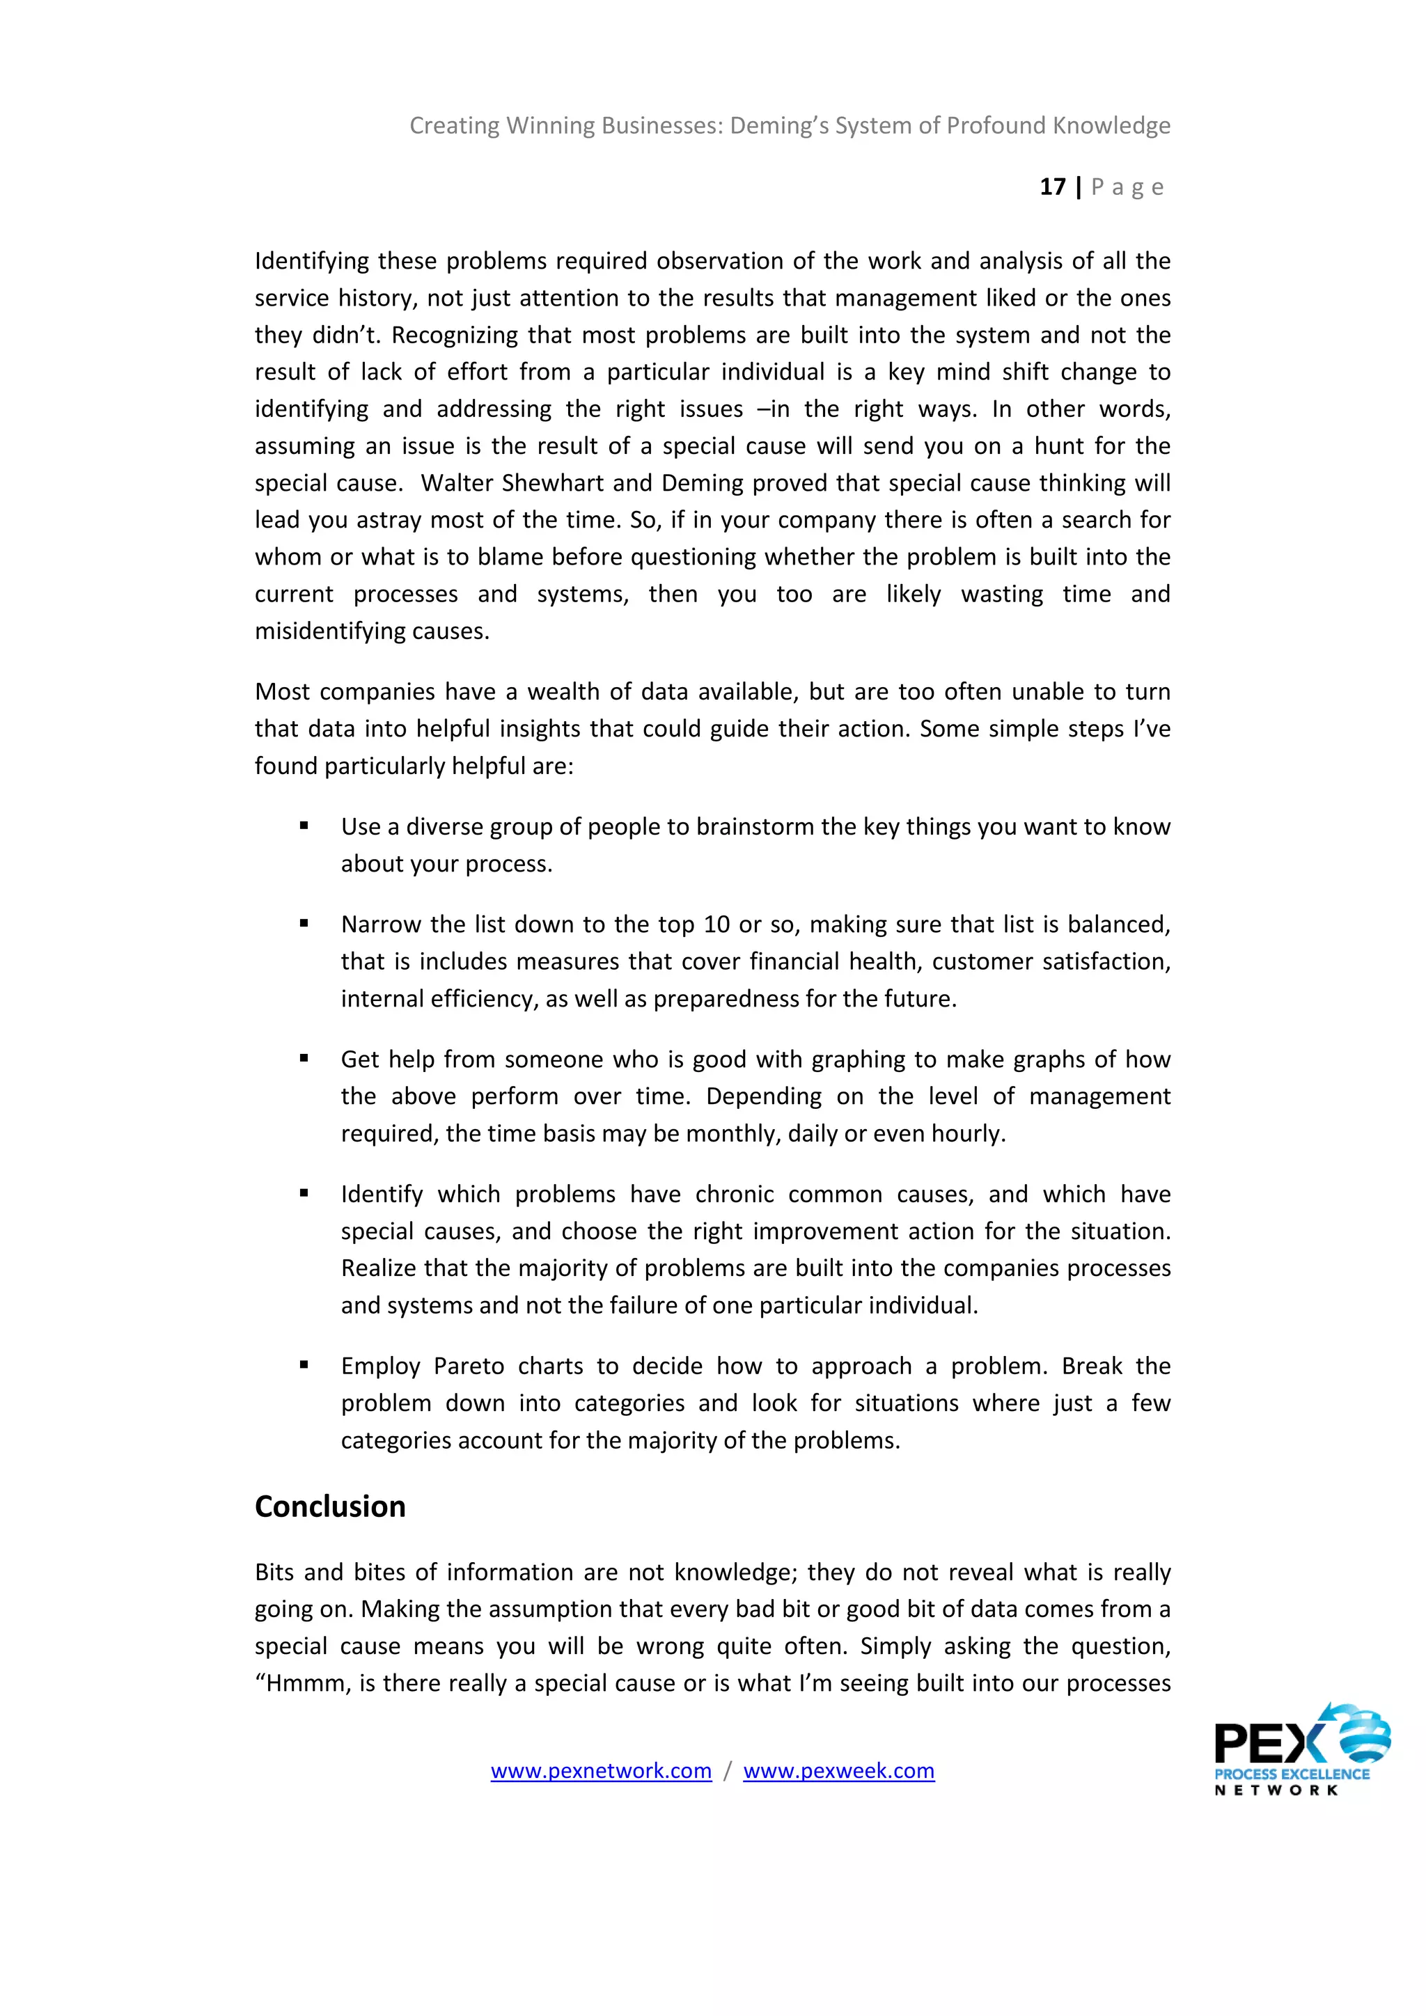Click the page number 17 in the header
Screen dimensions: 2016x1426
(1052, 187)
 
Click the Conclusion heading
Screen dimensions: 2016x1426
(330, 1506)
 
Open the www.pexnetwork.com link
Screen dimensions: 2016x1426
(601, 1770)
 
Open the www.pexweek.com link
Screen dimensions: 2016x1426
(838, 1770)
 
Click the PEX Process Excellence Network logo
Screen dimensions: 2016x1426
(1301, 1751)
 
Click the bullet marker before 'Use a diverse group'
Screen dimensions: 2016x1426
(304, 826)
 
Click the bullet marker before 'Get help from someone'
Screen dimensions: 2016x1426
(304, 1058)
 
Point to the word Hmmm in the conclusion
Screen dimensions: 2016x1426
(304, 1683)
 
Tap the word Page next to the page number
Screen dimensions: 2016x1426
(1127, 187)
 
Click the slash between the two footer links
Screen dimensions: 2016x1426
(727, 1770)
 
